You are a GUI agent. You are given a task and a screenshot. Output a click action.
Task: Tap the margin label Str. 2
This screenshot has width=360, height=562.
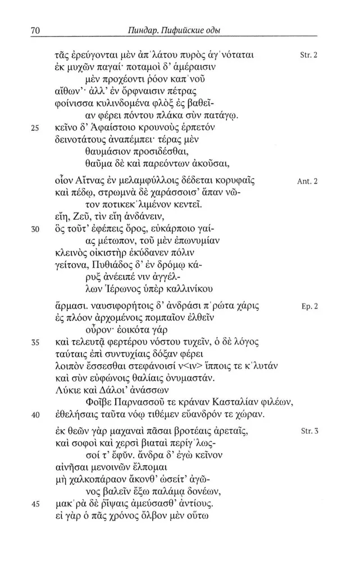(x=309, y=56)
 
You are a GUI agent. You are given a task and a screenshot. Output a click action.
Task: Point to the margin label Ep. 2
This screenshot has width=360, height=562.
(x=309, y=308)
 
